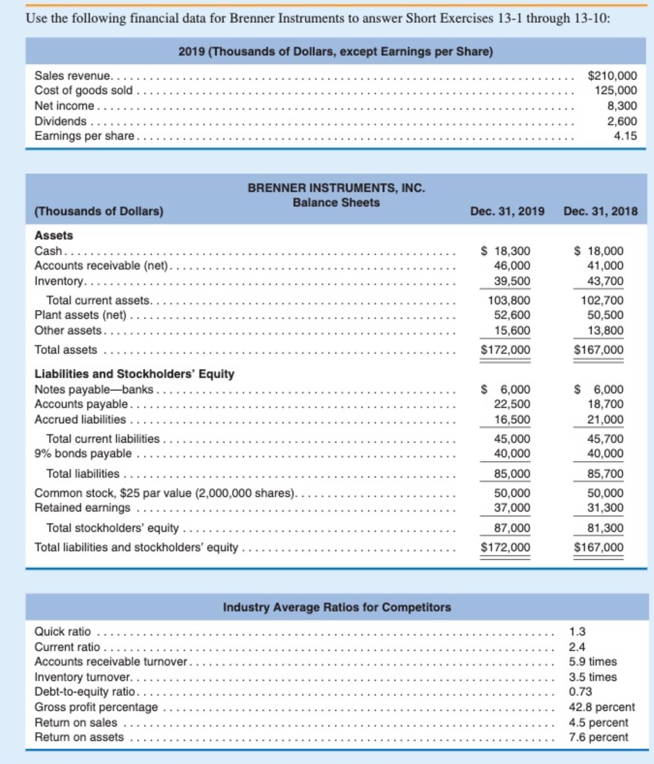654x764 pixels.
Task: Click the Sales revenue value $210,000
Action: click(612, 76)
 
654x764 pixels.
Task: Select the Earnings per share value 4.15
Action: click(625, 136)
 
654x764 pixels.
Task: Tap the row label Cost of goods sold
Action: click(83, 91)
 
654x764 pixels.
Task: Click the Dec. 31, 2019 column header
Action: click(507, 211)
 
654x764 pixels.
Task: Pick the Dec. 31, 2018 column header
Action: click(600, 211)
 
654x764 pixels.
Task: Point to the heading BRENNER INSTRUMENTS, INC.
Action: click(336, 188)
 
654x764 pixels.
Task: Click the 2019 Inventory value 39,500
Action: click(512, 281)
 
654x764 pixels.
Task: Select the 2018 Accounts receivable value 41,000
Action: click(605, 266)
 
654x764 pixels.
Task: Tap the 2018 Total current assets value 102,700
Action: click(602, 300)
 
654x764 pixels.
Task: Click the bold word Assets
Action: click(54, 235)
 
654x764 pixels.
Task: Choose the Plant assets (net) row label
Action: click(80, 315)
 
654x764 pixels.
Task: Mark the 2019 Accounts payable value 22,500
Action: click(512, 404)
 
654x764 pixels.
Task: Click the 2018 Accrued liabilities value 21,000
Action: click(605, 419)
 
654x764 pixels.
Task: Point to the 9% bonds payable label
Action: click(83, 454)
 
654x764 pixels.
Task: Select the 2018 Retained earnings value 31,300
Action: click(605, 507)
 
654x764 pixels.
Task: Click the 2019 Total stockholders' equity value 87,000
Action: click(512, 528)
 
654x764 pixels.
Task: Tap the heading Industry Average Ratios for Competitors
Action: click(337, 607)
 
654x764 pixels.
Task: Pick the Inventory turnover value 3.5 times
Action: click(592, 677)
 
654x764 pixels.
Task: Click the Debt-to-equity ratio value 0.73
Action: click(580, 692)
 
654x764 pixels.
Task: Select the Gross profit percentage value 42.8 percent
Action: click(601, 707)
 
